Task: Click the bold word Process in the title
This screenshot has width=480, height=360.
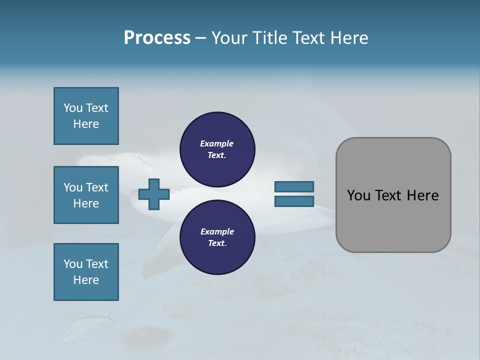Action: tap(157, 38)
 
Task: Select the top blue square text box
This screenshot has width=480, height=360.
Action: tap(86, 116)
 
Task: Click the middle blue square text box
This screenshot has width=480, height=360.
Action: tap(86, 195)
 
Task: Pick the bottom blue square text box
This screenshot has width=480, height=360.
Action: tap(86, 272)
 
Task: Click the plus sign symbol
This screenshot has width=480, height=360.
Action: tap(154, 194)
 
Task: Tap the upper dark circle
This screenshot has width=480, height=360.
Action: tap(217, 149)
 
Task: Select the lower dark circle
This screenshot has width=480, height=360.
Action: tap(217, 237)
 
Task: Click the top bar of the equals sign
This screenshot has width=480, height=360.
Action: tap(294, 186)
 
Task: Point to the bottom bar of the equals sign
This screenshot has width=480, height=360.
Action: tap(294, 201)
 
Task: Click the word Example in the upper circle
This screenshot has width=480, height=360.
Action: tap(217, 143)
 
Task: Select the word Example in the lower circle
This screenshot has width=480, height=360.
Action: tap(217, 231)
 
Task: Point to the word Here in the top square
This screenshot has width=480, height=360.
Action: tap(86, 124)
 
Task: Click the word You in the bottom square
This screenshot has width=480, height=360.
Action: tap(73, 264)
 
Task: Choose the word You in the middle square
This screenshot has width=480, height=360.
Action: tap(73, 187)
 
